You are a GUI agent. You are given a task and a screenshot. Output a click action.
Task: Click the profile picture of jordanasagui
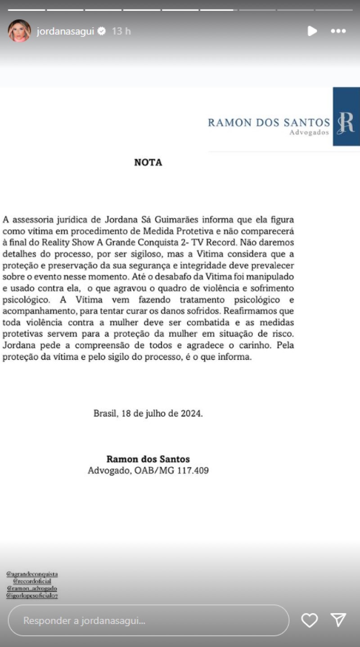pyautogui.click(x=19, y=31)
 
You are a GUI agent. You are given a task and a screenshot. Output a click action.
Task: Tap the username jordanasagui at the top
pyautogui.click(x=66, y=31)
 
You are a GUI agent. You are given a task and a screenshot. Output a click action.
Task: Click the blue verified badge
pyautogui.click(x=102, y=31)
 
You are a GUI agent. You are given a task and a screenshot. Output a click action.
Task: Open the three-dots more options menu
pyautogui.click(x=338, y=31)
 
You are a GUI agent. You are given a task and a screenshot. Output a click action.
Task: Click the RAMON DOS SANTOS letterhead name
pyautogui.click(x=269, y=122)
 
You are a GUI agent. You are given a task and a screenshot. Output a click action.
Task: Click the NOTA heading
pyautogui.click(x=148, y=163)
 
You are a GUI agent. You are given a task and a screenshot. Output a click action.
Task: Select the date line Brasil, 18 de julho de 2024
pyautogui.click(x=148, y=413)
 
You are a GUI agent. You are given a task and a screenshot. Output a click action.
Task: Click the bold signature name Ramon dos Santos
pyautogui.click(x=148, y=459)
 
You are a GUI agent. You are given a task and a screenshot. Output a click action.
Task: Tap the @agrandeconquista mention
pyautogui.click(x=32, y=574)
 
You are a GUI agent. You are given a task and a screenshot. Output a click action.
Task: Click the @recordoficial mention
pyautogui.click(x=32, y=581)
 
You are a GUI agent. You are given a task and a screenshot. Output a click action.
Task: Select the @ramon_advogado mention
pyautogui.click(x=32, y=588)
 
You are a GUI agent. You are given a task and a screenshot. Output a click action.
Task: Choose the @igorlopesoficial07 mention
pyautogui.click(x=32, y=595)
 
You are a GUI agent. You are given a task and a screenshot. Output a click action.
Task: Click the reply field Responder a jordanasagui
pyautogui.click(x=148, y=620)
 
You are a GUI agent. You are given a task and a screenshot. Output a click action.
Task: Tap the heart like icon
pyautogui.click(x=310, y=620)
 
